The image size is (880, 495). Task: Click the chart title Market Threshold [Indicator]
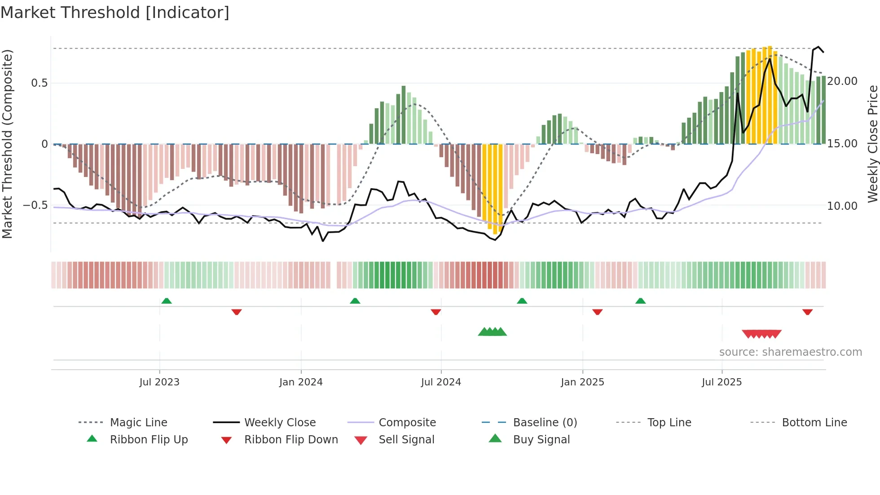115,13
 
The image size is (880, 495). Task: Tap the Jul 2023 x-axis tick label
159,382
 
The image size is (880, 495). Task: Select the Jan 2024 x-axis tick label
301,382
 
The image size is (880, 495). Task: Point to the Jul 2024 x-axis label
441,382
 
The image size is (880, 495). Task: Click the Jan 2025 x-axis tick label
582,382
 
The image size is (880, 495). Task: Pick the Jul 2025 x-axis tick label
722,382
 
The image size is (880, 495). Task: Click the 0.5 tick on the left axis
40,83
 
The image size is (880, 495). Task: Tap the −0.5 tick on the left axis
35,205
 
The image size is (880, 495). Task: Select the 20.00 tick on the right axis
842,81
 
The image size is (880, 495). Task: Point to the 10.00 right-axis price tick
842,206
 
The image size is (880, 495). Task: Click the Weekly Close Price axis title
872,144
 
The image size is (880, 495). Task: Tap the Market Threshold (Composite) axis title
8,144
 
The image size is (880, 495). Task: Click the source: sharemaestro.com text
790,352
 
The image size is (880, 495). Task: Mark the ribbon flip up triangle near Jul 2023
167,301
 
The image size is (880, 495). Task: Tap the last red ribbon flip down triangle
807,312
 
